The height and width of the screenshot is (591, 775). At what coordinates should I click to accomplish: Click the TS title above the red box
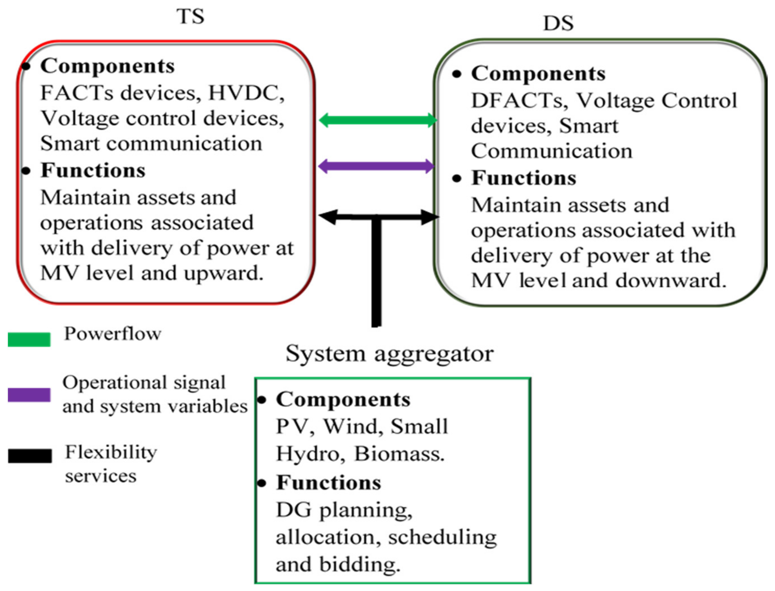click(x=190, y=17)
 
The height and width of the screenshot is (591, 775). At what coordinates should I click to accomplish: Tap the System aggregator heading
click(x=389, y=354)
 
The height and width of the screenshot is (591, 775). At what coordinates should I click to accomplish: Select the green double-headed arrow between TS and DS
click(x=378, y=120)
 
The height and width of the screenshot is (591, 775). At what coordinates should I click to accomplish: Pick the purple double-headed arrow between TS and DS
click(x=376, y=166)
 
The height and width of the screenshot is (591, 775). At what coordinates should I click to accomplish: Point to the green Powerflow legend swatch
click(x=29, y=339)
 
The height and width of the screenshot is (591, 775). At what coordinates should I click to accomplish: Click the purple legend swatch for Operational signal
click(x=29, y=395)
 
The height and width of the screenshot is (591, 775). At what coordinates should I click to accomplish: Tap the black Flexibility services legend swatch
click(x=30, y=456)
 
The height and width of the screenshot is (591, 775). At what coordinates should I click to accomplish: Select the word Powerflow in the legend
click(x=112, y=334)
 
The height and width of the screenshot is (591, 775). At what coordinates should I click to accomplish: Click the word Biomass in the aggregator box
click(x=399, y=454)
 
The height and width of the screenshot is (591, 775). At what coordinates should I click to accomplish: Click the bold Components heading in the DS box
click(x=538, y=74)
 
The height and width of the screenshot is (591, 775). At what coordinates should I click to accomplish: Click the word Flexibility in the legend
click(x=111, y=452)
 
